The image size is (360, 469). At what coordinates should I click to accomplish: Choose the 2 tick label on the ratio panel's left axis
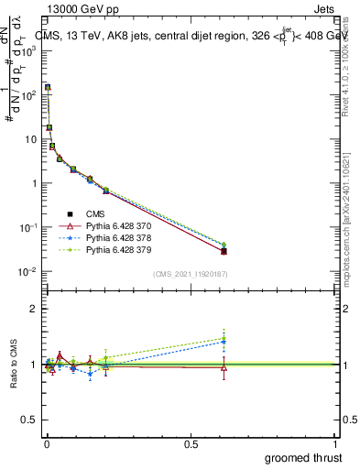pyautogui.click(x=33, y=309)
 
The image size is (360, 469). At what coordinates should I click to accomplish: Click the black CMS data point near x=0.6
pyautogui.click(x=224, y=251)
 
